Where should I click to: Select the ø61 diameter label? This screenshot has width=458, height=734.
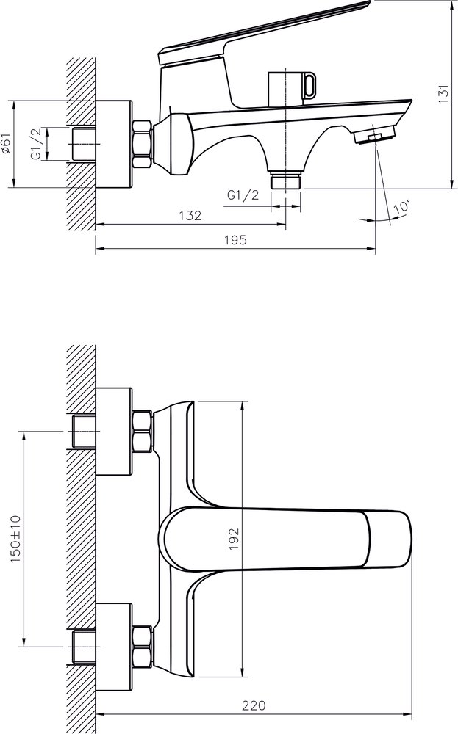[x=5, y=144]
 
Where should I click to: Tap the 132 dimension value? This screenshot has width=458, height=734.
[x=190, y=215]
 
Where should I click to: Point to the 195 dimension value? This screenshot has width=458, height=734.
[x=235, y=240]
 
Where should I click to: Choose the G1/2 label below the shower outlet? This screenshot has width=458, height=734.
[x=243, y=195]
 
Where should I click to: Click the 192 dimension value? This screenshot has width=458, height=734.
[x=234, y=539]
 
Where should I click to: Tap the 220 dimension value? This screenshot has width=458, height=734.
[x=254, y=705]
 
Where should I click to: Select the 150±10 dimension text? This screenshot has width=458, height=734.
[x=15, y=539]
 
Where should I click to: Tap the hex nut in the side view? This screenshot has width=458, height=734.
[x=143, y=144]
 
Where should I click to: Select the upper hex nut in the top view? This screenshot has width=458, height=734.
[x=143, y=431]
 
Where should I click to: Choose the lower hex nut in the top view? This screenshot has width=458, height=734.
[x=143, y=647]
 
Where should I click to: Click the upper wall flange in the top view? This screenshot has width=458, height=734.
[x=114, y=431]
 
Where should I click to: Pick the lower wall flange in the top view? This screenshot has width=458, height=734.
[x=114, y=647]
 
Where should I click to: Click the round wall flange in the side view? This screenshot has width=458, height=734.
[x=114, y=144]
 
